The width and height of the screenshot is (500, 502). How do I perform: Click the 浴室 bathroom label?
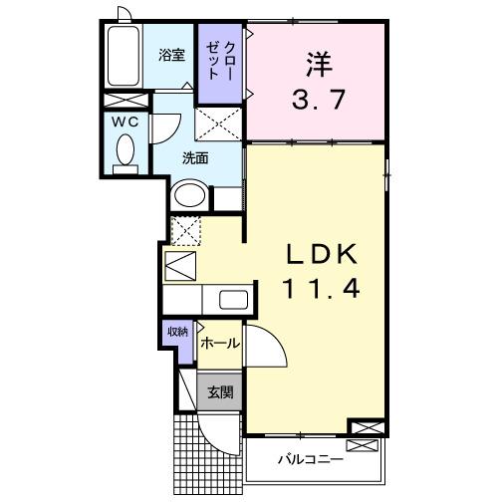click(x=171, y=56)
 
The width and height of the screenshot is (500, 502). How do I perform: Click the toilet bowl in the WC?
click(x=125, y=151)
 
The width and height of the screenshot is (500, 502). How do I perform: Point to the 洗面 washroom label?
click(x=194, y=158)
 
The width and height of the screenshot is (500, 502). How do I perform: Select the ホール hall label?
click(x=219, y=344)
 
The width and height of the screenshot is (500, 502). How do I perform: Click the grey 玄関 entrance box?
click(x=219, y=391)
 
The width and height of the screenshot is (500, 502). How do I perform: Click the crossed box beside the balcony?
click(x=366, y=428)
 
